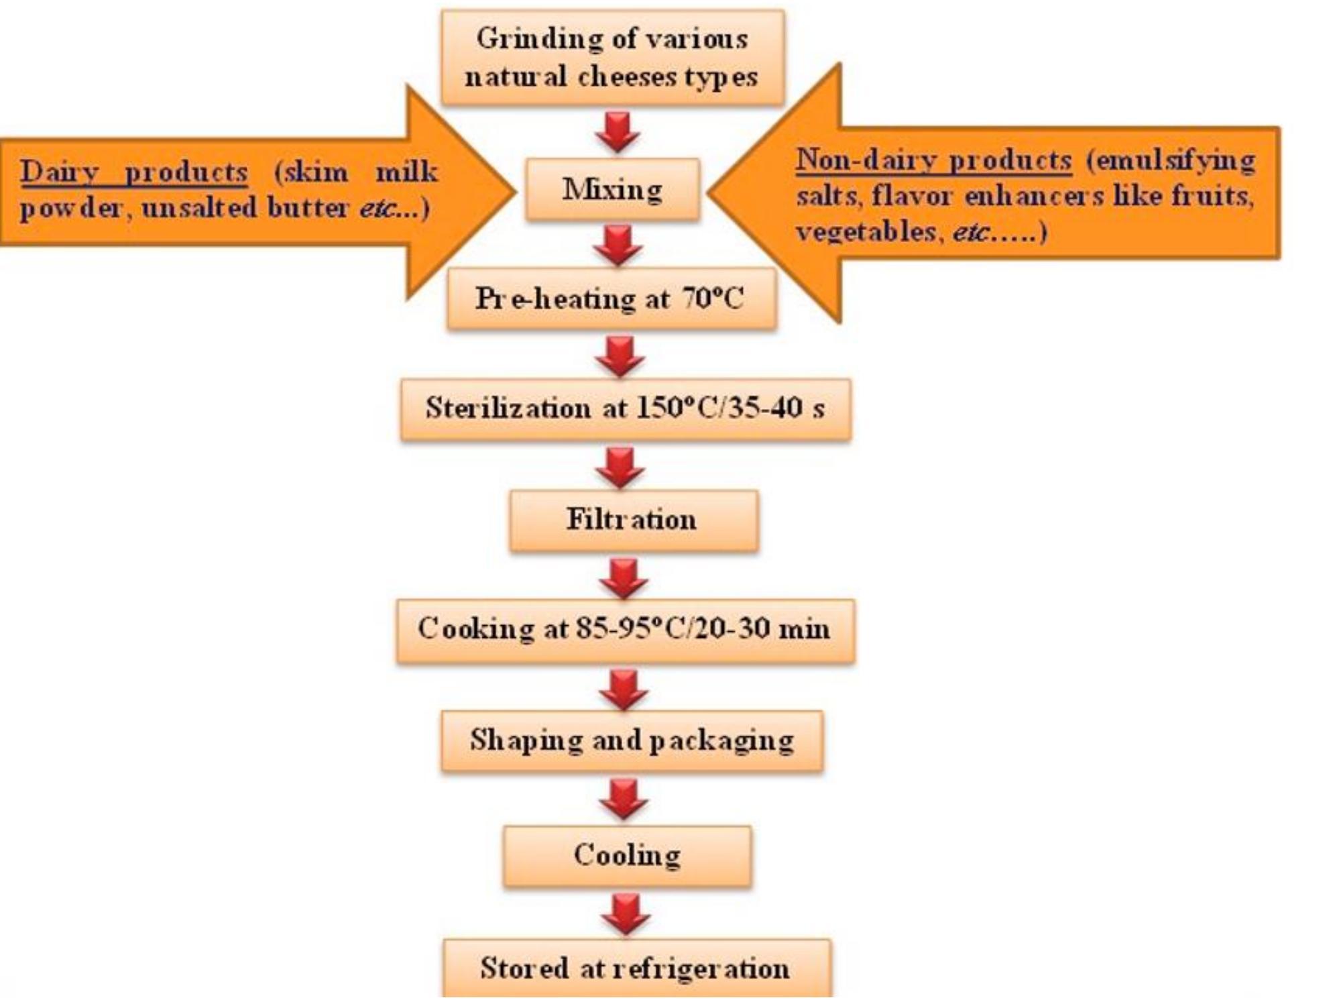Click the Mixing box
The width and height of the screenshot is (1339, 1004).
612,190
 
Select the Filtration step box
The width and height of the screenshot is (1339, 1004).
633,520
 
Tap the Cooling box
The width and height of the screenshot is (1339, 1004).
627,856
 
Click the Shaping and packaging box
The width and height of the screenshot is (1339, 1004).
632,740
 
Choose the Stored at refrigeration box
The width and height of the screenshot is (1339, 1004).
636,968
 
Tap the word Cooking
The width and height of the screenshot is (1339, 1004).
476,629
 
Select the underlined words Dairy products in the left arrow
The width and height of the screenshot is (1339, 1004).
133,172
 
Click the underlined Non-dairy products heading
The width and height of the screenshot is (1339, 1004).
933,161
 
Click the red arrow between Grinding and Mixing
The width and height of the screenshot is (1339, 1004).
617,131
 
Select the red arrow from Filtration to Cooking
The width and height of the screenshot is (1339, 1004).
624,578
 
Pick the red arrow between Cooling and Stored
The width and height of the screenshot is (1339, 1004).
626,913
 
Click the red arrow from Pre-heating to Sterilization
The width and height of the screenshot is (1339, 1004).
620,355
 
